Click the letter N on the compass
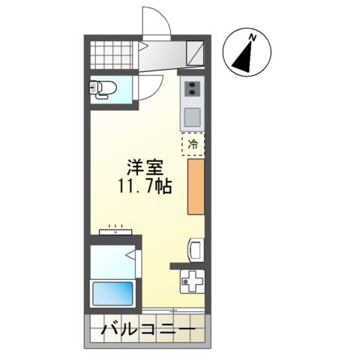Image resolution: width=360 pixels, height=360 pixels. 253,36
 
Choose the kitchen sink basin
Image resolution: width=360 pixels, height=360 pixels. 192,117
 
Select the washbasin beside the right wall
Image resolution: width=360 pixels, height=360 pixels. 194,248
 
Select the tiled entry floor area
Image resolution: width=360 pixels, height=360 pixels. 113,54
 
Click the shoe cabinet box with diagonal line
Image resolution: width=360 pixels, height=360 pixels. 195,54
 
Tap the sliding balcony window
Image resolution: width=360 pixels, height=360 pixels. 172,310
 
